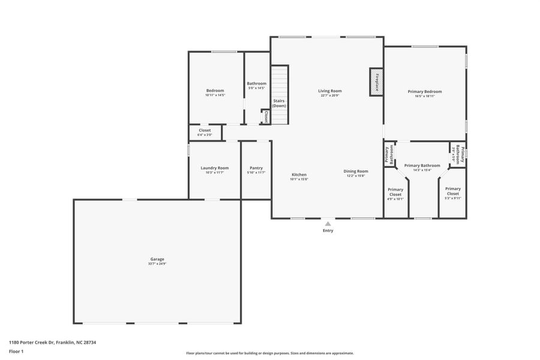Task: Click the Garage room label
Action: tap(157, 259)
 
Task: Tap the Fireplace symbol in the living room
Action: tap(376, 81)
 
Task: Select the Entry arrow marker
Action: tap(328, 223)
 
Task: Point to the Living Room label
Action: tap(329, 91)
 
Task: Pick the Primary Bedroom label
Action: tap(425, 91)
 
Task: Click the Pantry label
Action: tap(256, 168)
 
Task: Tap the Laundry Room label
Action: tap(214, 168)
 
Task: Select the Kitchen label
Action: tap(299, 175)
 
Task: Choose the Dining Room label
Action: tap(356, 171)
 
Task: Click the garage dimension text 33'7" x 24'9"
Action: tap(157, 264)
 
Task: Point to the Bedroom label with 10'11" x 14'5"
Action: tap(215, 91)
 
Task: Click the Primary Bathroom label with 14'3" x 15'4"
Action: tap(422, 166)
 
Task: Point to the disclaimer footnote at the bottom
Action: tap(270, 353)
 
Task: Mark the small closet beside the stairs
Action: tap(265, 116)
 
